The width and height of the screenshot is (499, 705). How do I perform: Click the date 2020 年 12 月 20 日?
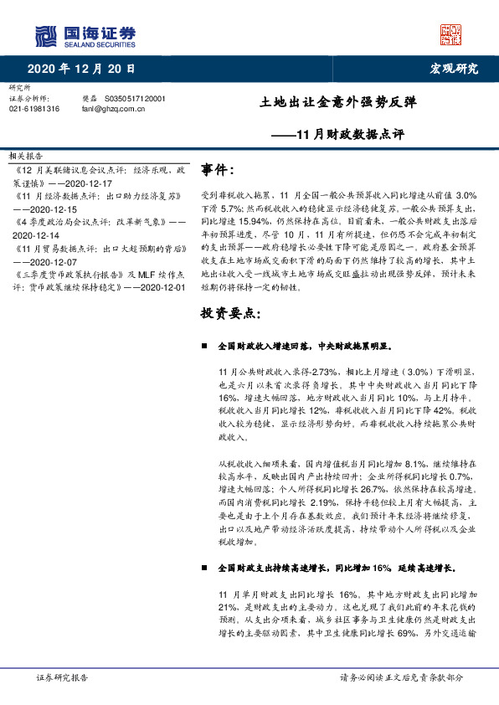(81, 69)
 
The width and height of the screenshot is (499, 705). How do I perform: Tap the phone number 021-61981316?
(34, 109)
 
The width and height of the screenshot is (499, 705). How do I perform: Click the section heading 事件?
(218, 171)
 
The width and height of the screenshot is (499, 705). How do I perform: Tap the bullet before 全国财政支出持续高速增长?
(205, 567)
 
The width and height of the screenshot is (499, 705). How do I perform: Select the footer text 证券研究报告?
(63, 677)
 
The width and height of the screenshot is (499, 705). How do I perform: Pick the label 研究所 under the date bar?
(18, 88)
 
